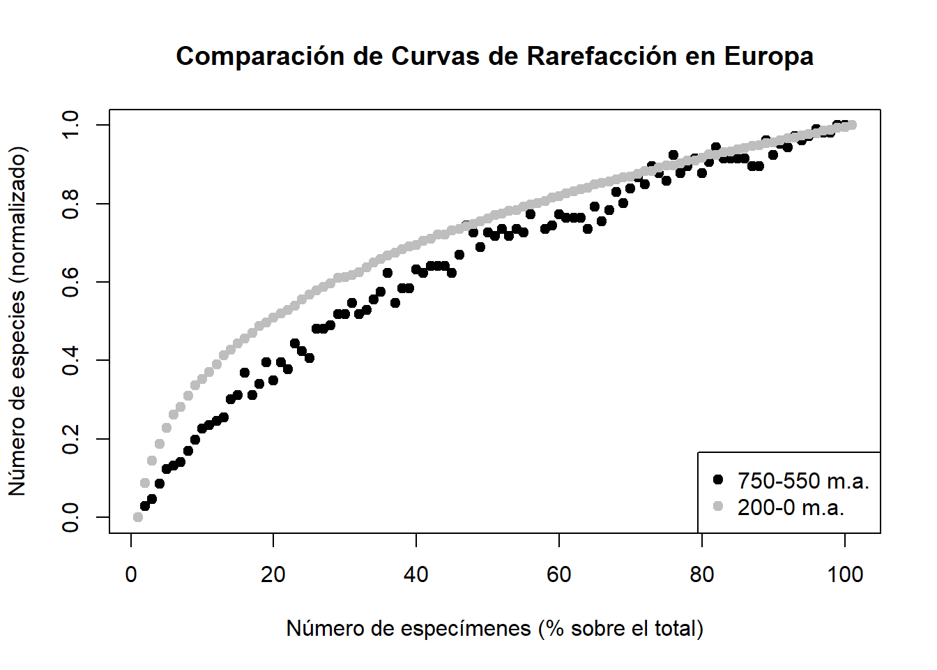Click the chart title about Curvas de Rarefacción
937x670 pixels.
click(x=494, y=56)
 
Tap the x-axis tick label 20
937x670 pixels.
click(x=273, y=574)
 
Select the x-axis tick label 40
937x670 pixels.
click(x=416, y=574)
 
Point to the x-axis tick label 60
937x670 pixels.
click(x=559, y=574)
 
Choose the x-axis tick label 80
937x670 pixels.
click(x=702, y=574)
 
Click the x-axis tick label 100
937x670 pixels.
click(x=845, y=574)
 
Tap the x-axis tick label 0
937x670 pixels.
click(x=131, y=574)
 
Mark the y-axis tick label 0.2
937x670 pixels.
click(x=70, y=439)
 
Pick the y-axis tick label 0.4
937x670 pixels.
click(x=70, y=360)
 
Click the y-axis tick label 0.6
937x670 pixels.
click(x=70, y=282)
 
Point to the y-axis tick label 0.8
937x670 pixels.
click(x=70, y=204)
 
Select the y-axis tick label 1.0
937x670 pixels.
click(x=70, y=125)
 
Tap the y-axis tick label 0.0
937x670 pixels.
click(x=70, y=517)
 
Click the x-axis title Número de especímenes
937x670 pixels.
click(x=494, y=628)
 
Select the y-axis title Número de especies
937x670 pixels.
click(x=17, y=321)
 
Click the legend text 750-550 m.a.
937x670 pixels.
click(x=803, y=481)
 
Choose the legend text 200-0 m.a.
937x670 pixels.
click(x=791, y=507)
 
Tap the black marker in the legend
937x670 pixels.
click(x=719, y=479)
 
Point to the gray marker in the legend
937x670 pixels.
click(x=719, y=506)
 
